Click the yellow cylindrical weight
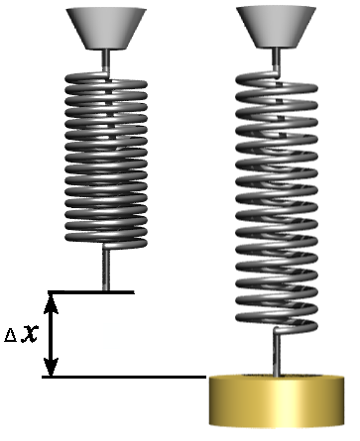point(277,400)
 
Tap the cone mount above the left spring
point(106,29)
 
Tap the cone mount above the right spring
point(277,27)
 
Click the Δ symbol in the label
point(10,336)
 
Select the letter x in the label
point(30,334)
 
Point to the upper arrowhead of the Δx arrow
point(51,303)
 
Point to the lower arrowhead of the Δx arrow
point(51,367)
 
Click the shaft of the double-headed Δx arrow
point(51,335)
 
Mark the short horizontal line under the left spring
point(91,292)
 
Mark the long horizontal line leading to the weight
point(124,377)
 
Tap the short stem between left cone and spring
point(106,60)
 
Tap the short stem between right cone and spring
point(277,59)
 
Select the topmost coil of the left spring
point(106,78)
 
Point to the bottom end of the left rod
point(106,290)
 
